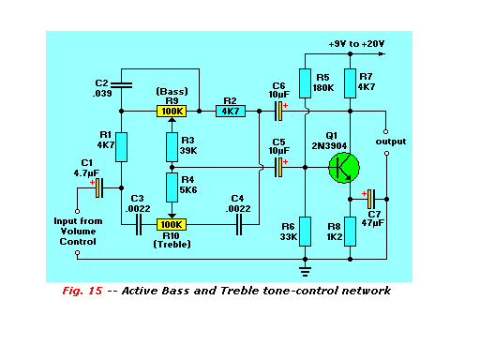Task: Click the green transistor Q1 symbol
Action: [344, 168]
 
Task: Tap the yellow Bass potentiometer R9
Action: [172, 112]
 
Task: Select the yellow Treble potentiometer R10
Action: [172, 224]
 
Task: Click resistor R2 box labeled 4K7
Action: [231, 112]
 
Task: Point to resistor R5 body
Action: [305, 83]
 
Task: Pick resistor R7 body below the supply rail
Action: [350, 83]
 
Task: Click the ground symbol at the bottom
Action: [305, 272]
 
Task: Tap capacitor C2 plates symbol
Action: [122, 85]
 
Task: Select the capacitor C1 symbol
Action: [99, 187]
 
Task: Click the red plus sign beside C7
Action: [364, 194]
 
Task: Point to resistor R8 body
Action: [350, 232]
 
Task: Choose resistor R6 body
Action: [305, 232]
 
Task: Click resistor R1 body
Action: [121, 147]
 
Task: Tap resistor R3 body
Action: [172, 147]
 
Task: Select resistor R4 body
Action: [172, 187]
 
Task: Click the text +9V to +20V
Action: [356, 44]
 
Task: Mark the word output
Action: [391, 142]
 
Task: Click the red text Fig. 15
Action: [82, 291]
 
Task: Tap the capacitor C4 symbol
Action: [239, 224]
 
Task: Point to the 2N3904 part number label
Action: [329, 146]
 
